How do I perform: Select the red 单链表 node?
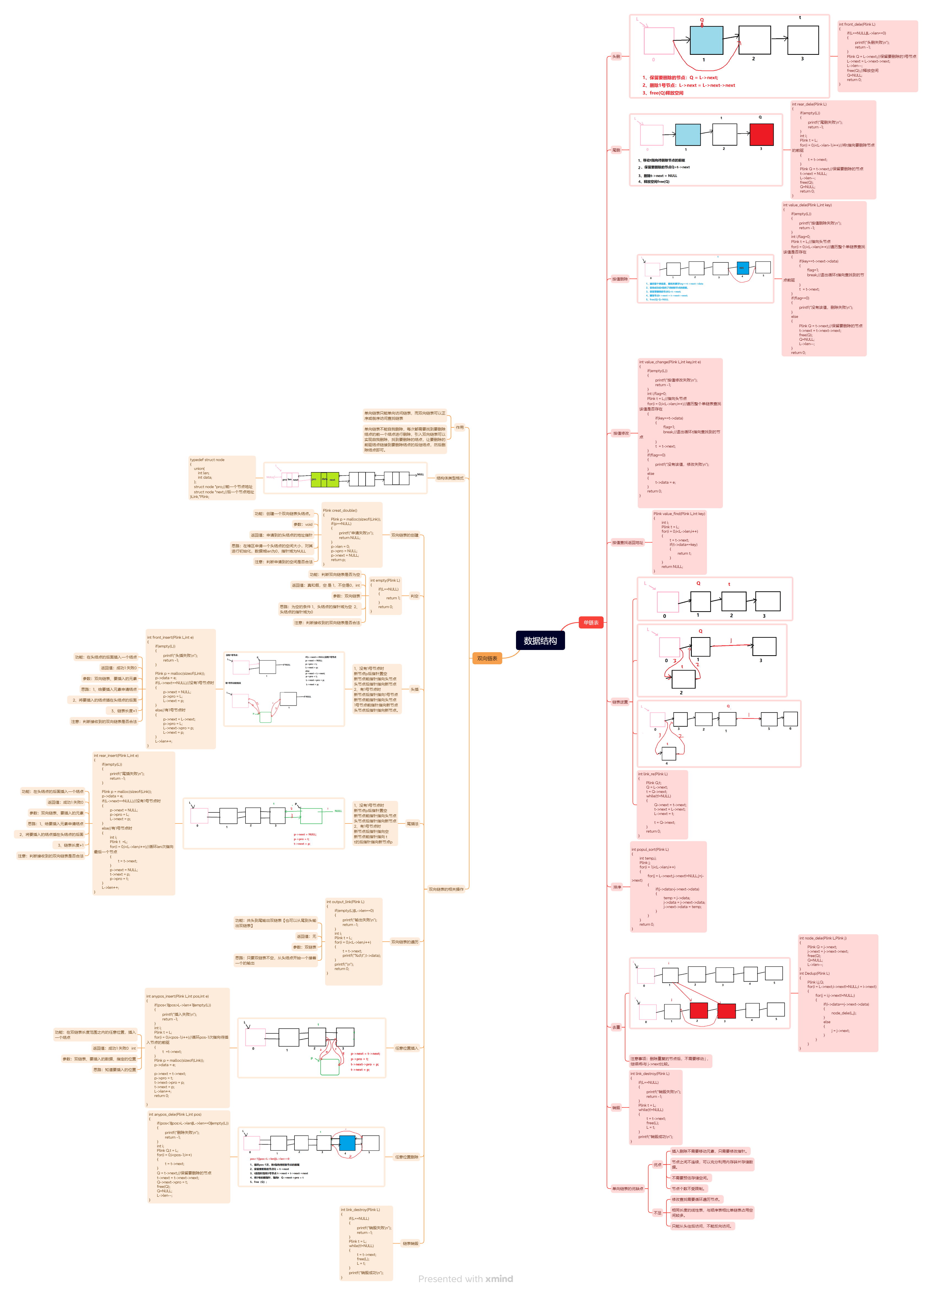tap(590, 622)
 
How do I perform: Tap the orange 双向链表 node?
tap(487, 658)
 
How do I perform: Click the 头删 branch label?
tap(616, 56)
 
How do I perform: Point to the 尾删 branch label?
tap(616, 150)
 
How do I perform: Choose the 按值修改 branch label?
tap(621, 434)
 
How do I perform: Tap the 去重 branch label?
tap(616, 1027)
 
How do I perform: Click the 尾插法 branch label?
tap(412, 824)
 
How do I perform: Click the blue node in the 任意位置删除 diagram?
tap(347, 1142)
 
